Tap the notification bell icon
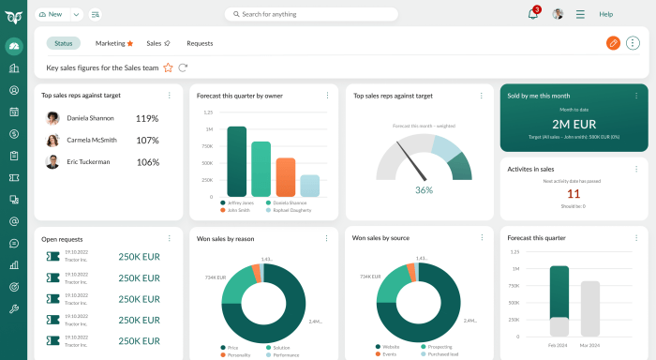(532, 14)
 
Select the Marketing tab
(113, 43)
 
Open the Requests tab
(200, 43)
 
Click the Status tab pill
(64, 43)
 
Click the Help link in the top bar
(605, 14)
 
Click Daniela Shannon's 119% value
(147, 118)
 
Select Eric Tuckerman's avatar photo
(52, 161)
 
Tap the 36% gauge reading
(424, 189)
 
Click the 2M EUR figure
(574, 124)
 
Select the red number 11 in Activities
(574, 194)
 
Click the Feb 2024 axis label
(559, 346)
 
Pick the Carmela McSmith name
(91, 140)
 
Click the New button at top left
(51, 14)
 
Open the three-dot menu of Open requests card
(169, 238)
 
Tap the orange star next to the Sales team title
(169, 67)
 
